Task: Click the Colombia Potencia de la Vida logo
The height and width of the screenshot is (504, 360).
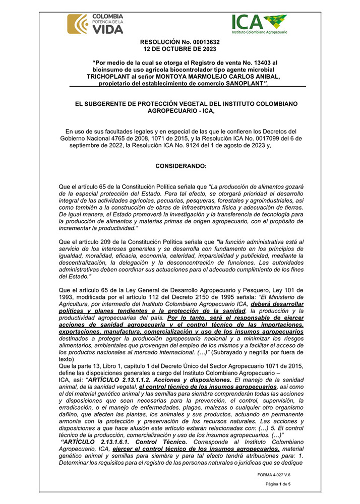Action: click(95, 24)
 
